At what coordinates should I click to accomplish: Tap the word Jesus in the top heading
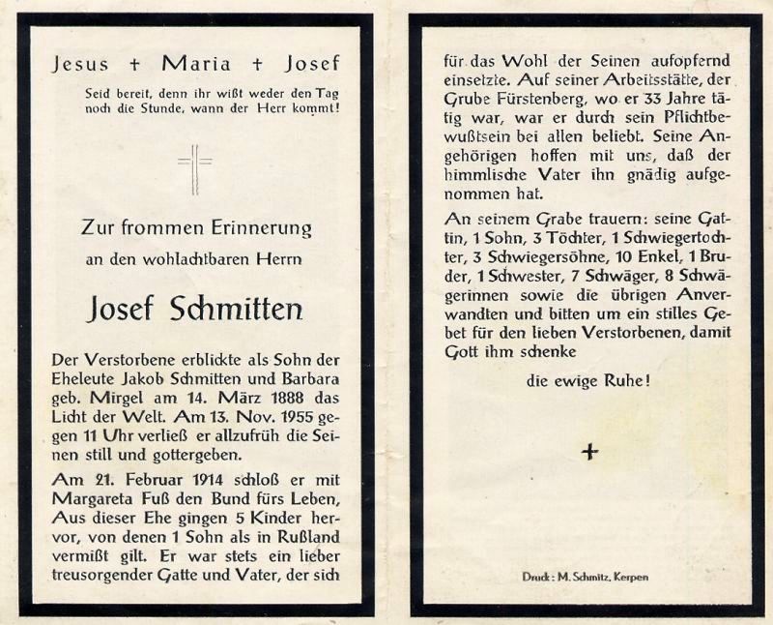pos(81,65)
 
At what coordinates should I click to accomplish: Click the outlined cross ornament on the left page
pos(195,170)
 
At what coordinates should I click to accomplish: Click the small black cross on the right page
pos(589,451)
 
